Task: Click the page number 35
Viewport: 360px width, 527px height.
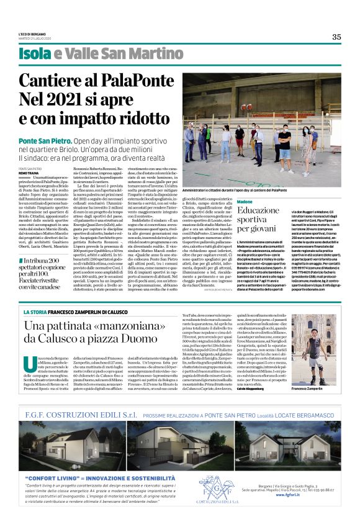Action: coord(336,37)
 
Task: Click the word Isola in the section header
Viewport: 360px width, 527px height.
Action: coord(35,54)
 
